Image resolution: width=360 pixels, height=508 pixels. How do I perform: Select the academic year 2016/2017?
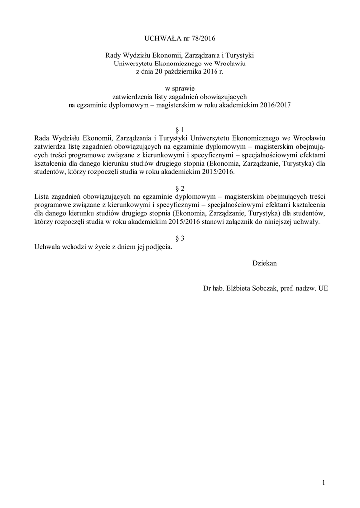274,105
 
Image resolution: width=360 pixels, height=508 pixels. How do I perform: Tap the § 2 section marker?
180,189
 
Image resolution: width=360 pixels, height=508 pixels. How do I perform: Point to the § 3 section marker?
180,238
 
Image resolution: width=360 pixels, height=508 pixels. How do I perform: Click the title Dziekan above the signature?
264,263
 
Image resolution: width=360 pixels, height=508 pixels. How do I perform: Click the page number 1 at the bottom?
323,482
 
